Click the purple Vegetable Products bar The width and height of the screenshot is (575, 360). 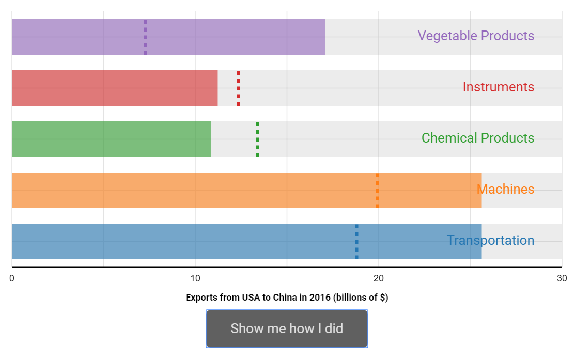tap(168, 37)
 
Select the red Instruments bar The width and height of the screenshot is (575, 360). tap(115, 88)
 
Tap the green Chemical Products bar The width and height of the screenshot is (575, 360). tap(112, 139)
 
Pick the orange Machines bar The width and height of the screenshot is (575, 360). tap(246, 190)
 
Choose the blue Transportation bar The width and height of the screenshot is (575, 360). tap(246, 242)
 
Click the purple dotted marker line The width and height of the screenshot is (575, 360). tap(145, 37)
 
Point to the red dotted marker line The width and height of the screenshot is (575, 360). tap(238, 88)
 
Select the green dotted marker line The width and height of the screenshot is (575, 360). tap(257, 139)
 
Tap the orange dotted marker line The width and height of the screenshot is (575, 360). tap(378, 190)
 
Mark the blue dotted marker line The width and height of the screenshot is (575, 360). tap(357, 242)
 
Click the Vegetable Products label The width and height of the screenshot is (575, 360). tap(476, 36)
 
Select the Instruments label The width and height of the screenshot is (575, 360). tap(499, 87)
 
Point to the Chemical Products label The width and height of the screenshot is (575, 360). tap(478, 138)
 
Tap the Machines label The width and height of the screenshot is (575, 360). tap(505, 189)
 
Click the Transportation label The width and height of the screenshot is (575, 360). tap(491, 241)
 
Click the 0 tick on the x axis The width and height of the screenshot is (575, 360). tap(12, 278)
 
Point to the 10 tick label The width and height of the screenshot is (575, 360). tap(195, 278)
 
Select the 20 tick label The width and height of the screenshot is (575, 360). tap(379, 278)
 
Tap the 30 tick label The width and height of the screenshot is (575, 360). tap(562, 278)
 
